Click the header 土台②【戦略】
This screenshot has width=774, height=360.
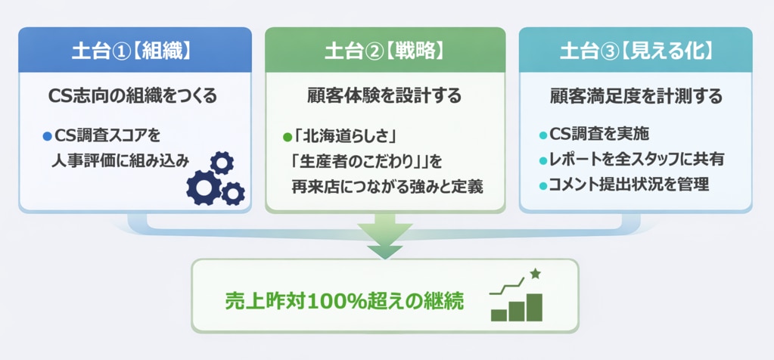click(x=384, y=51)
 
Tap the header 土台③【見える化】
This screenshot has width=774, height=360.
click(x=636, y=51)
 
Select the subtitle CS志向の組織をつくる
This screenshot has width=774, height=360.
click(x=132, y=96)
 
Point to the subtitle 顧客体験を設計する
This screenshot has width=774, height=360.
click(x=384, y=96)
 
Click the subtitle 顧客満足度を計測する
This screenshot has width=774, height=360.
click(x=636, y=96)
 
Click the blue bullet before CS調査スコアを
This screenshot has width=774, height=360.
click(x=47, y=136)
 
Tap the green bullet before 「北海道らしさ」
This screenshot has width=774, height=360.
click(x=287, y=137)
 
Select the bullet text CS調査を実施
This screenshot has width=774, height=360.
click(x=598, y=135)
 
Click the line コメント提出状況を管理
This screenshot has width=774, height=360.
click(x=629, y=185)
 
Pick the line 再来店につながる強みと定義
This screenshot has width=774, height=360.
click(x=387, y=185)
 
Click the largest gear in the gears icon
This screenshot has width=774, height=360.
click(x=204, y=186)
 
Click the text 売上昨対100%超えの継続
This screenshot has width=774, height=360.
click(x=344, y=300)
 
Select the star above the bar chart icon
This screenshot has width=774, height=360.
click(x=536, y=273)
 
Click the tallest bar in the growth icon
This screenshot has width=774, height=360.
click(x=535, y=306)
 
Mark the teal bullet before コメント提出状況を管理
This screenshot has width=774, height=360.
click(x=542, y=185)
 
